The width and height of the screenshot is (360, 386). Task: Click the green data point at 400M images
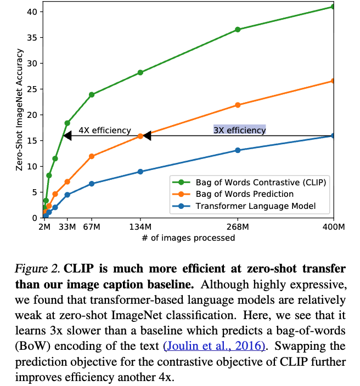(x=333, y=7)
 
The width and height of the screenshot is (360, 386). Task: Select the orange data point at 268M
(x=238, y=105)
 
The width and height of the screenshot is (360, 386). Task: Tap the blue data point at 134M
(x=140, y=172)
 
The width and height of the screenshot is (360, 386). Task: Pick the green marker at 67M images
(x=92, y=94)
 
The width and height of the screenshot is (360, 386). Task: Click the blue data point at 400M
(x=333, y=135)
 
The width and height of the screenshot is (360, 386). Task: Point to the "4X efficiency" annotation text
(x=105, y=130)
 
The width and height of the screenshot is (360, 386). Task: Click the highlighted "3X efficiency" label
(x=239, y=130)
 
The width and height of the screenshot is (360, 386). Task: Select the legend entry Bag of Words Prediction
(x=244, y=194)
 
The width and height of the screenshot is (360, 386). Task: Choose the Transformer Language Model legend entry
(x=255, y=206)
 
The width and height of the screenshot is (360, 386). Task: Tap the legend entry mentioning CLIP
(x=261, y=182)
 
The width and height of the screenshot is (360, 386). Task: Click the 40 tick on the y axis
(x=33, y=12)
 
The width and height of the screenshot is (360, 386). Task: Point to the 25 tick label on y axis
(x=33, y=89)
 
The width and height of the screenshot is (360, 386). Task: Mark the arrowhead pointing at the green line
(x=68, y=135)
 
